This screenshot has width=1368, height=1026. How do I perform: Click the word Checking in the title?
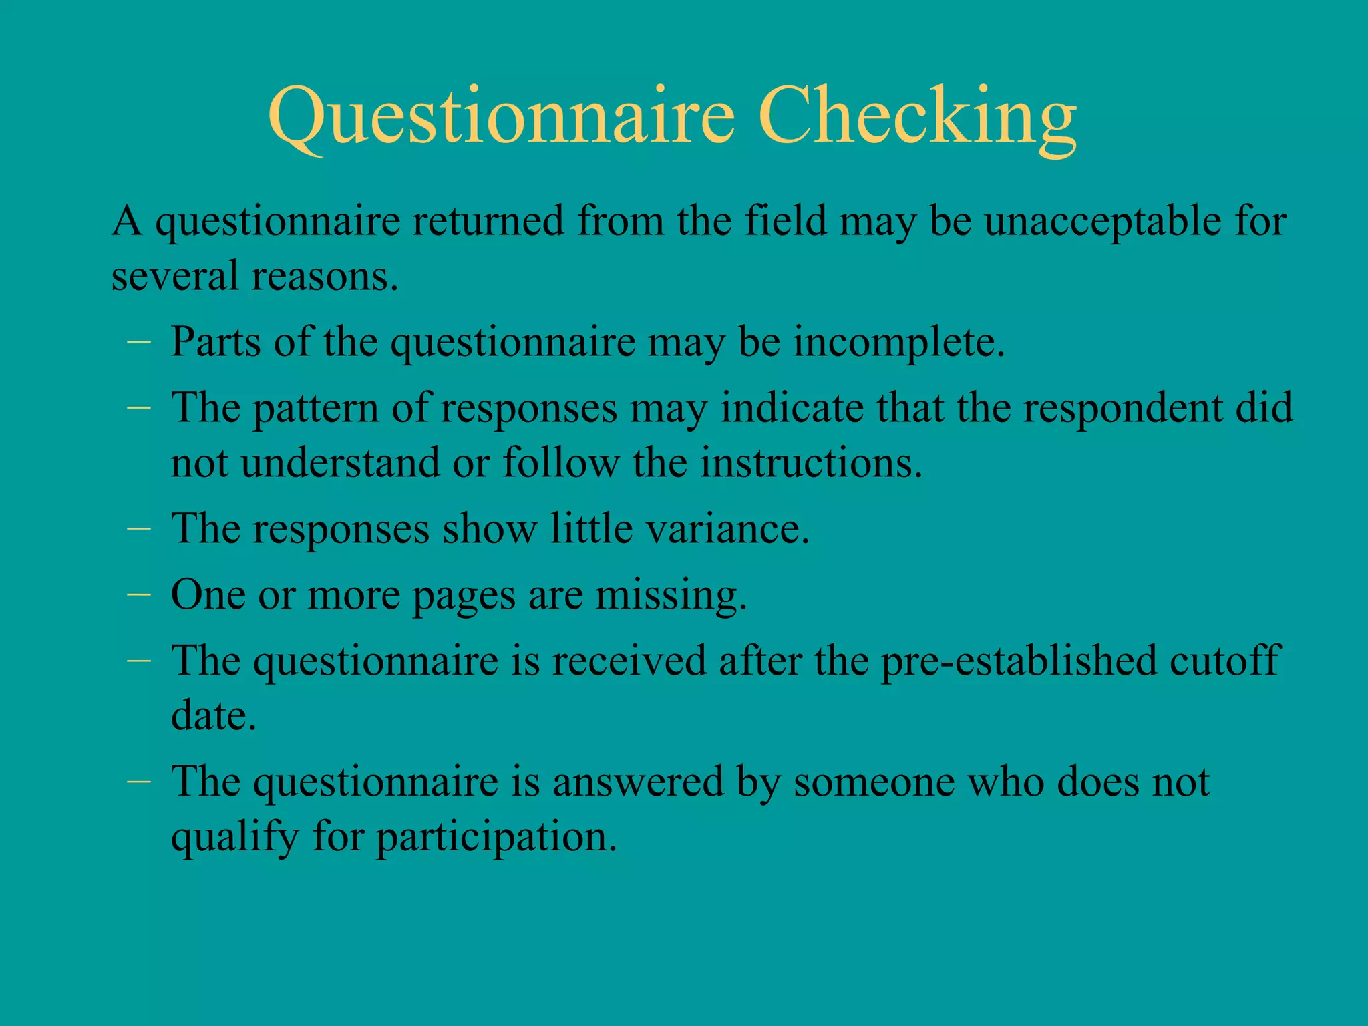click(916, 117)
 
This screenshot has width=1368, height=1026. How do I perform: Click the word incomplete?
click(898, 343)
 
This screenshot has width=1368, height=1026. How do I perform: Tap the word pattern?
click(315, 409)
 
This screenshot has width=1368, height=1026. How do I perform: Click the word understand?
click(339, 462)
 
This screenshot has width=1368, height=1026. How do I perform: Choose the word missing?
click(671, 595)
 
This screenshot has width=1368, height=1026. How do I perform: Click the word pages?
click(464, 595)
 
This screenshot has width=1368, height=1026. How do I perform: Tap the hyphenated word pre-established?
click(1019, 661)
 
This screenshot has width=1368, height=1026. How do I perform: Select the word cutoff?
click(1225, 661)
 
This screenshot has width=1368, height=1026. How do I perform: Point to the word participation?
click(497, 837)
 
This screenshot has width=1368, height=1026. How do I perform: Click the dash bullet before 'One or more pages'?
click(138, 593)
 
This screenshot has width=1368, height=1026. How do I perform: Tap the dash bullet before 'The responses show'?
click(138, 527)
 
